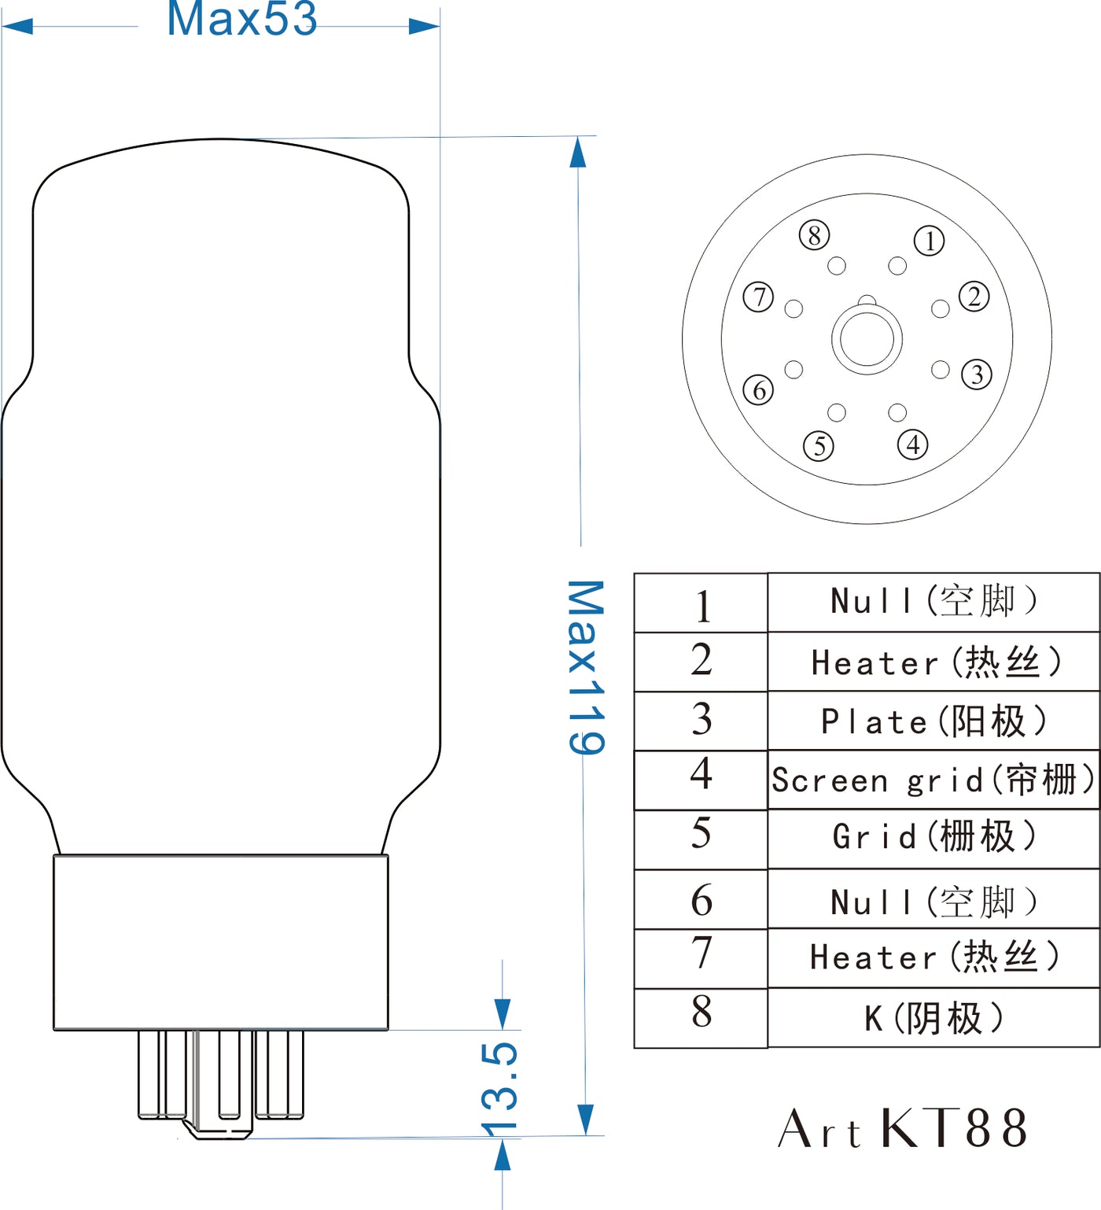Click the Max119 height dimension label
(x=586, y=667)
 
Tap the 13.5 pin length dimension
(x=499, y=1089)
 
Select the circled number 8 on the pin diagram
(x=814, y=234)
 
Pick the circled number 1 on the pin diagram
(x=930, y=241)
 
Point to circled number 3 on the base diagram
(x=977, y=374)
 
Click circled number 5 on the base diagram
(x=819, y=446)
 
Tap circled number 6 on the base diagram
(x=759, y=389)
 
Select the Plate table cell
(x=933, y=721)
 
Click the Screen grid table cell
(x=933, y=780)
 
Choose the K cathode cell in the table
(x=933, y=1017)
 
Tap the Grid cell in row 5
(x=933, y=839)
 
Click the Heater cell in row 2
(x=933, y=662)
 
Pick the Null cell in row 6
(x=933, y=899)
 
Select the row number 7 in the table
(x=701, y=952)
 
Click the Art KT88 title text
(x=902, y=1127)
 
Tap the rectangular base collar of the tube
(x=221, y=943)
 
